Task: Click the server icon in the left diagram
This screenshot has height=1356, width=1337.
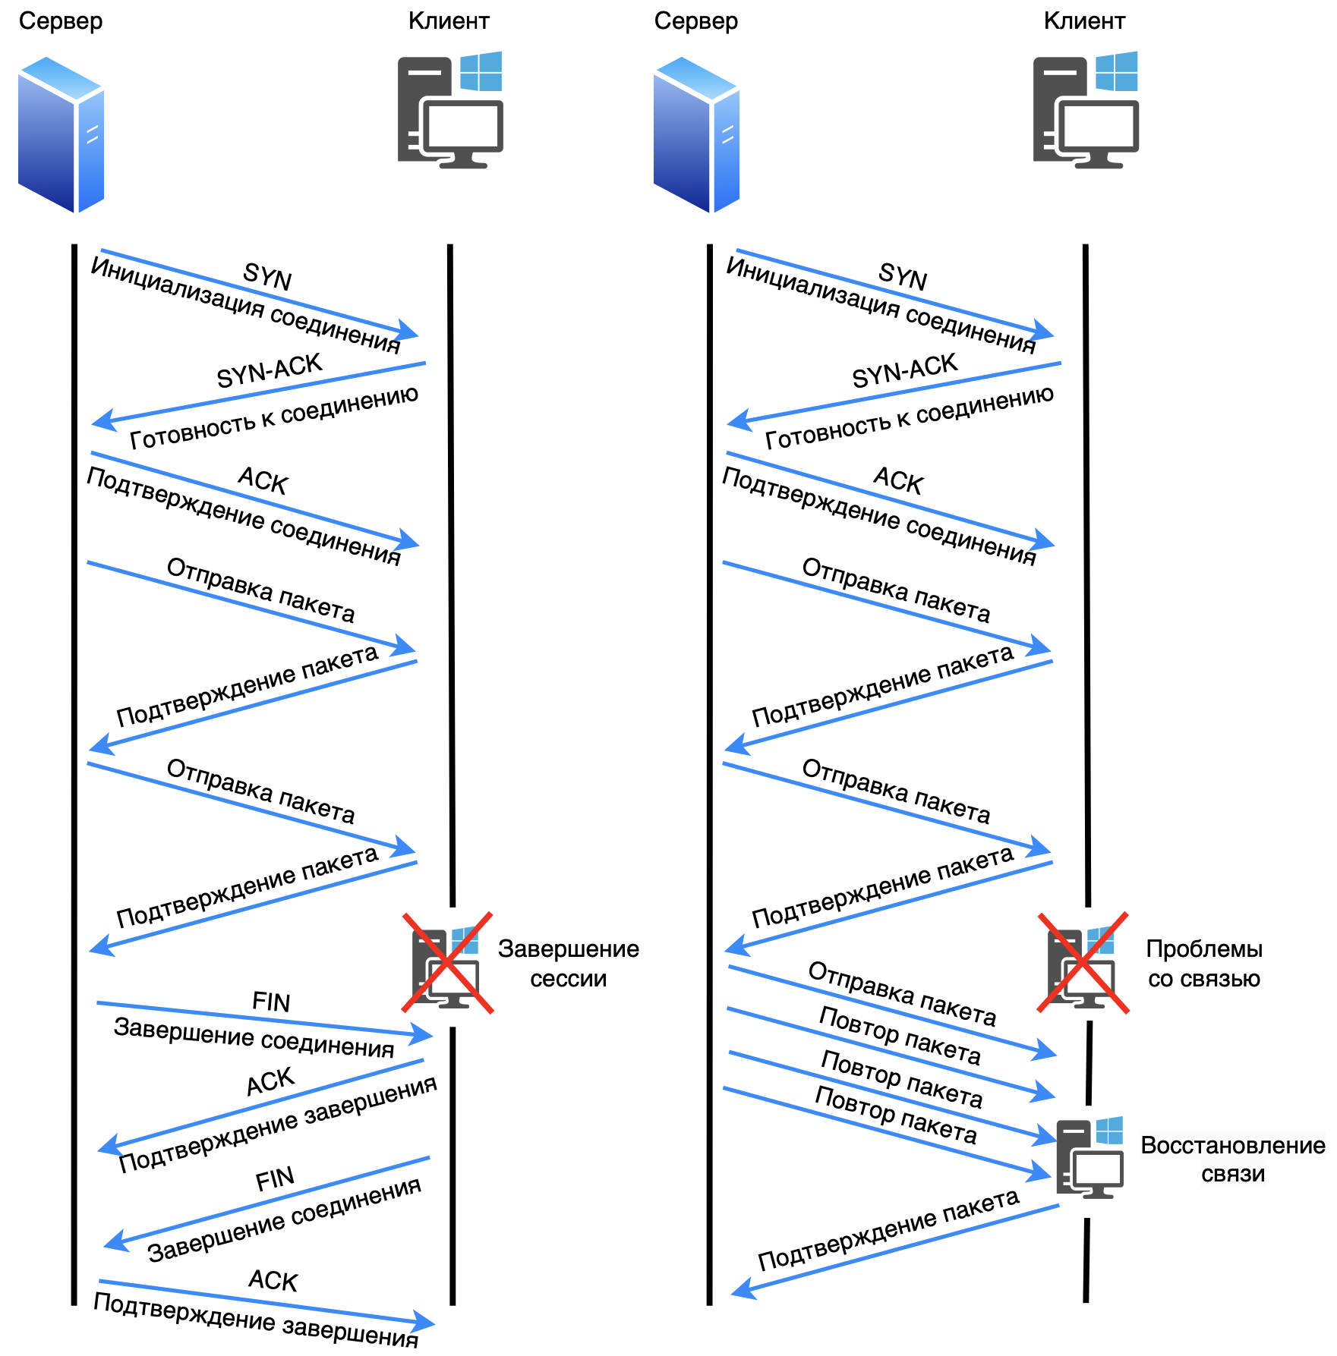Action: [x=61, y=134]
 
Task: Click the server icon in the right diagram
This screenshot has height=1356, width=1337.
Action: [x=696, y=134]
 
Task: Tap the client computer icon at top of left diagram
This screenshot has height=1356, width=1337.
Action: [x=449, y=110]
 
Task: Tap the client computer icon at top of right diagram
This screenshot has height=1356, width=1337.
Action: [x=1085, y=110]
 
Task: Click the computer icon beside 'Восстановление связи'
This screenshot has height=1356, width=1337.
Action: [x=1089, y=1157]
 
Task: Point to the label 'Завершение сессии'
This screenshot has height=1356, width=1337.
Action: [x=568, y=964]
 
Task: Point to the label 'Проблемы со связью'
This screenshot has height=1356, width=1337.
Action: [x=1204, y=964]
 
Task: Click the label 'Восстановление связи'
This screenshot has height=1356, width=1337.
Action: [x=1232, y=1159]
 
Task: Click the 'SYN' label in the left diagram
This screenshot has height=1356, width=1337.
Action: [x=267, y=277]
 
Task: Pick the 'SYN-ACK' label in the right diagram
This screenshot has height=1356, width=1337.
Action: [x=904, y=371]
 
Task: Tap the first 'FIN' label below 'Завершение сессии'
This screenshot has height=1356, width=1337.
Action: [x=271, y=1002]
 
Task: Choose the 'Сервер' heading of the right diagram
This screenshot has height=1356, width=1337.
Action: [x=695, y=21]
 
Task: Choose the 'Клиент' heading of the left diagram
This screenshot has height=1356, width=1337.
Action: [x=449, y=21]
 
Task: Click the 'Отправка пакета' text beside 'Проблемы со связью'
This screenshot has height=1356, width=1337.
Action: [x=901, y=993]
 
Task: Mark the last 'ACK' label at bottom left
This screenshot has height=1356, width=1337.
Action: [x=273, y=1281]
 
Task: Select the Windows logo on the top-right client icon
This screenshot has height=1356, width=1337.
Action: [x=1117, y=71]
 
